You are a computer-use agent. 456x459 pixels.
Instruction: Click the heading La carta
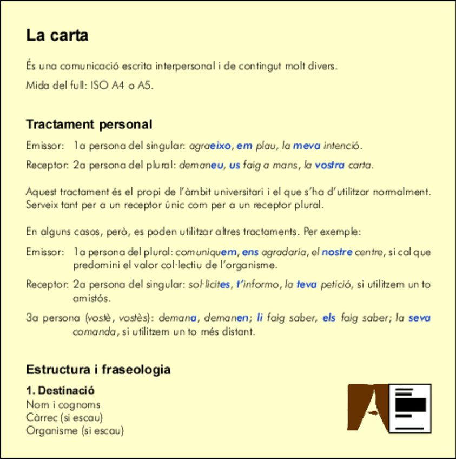coord(57,36)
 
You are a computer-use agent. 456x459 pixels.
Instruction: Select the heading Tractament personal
coord(89,124)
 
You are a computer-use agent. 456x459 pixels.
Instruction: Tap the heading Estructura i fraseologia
coord(98,370)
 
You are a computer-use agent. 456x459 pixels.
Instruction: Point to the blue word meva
coord(307,146)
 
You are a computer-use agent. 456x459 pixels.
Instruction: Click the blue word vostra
coord(330,165)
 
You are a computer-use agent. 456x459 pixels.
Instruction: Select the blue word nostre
coord(337,252)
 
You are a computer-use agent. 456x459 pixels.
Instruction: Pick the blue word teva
coord(307,284)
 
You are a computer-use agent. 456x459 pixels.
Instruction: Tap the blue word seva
coord(419,318)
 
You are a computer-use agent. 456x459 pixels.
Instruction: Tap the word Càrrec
coord(42,417)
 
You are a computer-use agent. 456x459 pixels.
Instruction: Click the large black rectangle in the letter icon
coord(411,405)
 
